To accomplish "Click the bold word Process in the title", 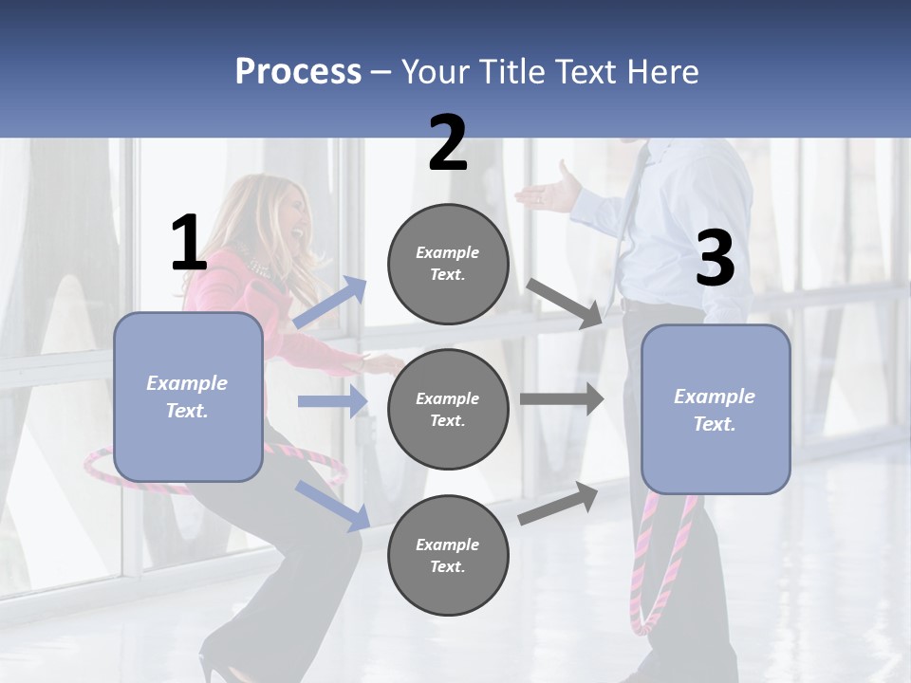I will point(298,71).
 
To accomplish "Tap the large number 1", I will point(189,243).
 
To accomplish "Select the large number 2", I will point(448,143).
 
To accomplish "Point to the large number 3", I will point(715,259).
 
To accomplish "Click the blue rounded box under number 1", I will point(188,397).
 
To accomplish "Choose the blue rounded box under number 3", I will point(716,409).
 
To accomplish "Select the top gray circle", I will point(448,264).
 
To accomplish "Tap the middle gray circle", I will point(448,409).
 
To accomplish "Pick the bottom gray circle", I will point(448,555).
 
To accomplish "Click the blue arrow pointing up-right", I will point(330,303).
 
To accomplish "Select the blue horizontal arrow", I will point(332,401).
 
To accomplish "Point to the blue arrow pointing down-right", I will point(332,505).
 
